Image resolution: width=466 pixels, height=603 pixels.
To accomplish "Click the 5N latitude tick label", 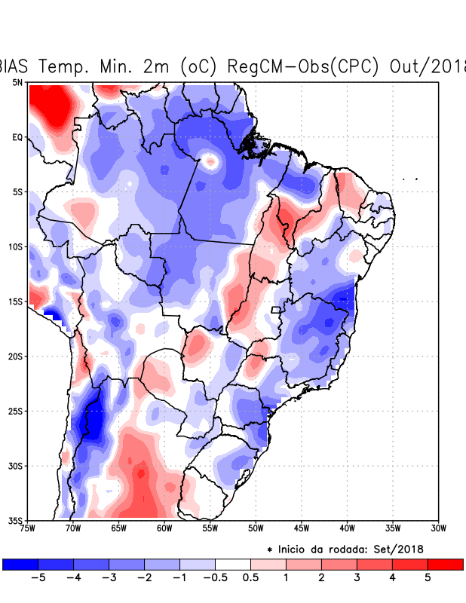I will click(17, 82).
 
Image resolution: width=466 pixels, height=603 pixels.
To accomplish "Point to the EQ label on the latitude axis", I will click(17, 137).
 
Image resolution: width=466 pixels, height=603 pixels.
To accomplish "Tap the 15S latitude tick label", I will click(15, 301).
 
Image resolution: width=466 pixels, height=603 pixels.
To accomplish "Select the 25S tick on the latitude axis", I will click(15, 411).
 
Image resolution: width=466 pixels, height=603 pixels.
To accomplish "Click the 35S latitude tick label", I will click(15, 520).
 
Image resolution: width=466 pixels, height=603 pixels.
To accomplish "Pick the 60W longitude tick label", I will click(164, 528).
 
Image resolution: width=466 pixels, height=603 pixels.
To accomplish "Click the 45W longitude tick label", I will click(301, 528).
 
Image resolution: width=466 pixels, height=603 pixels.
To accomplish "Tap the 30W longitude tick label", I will click(438, 528).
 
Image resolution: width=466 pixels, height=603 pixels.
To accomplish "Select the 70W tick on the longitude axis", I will click(72, 528).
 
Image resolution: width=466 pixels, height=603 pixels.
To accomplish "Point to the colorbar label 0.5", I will click(250, 578).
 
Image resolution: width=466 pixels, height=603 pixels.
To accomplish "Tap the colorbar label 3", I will click(357, 578).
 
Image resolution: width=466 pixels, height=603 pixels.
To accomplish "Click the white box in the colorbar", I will click(233, 564).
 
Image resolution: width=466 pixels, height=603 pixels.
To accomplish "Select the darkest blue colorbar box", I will click(20, 564).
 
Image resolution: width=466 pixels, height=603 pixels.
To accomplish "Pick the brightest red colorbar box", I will click(446, 564).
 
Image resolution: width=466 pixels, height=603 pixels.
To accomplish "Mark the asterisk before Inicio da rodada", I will click(270, 550).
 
